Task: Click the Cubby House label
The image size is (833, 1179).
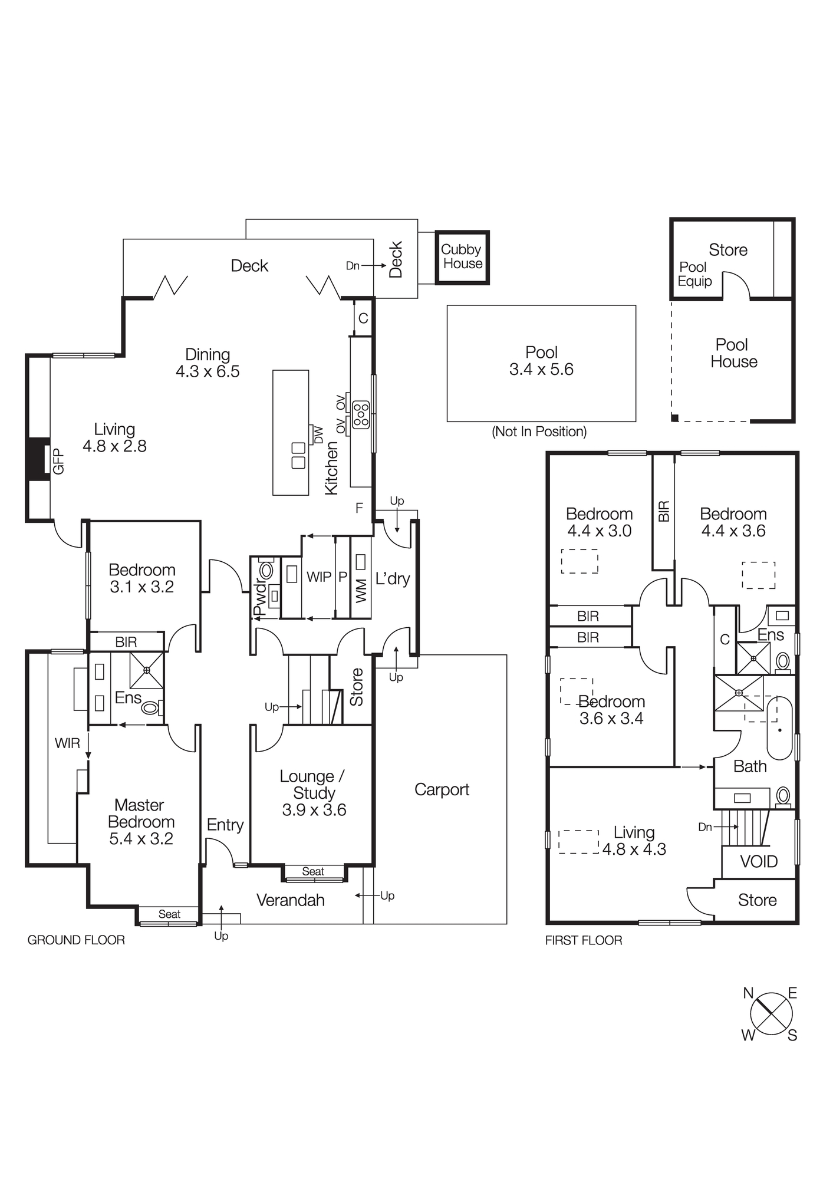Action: [462, 257]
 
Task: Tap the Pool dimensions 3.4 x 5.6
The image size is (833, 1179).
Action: [541, 370]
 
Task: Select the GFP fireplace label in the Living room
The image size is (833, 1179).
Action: [58, 461]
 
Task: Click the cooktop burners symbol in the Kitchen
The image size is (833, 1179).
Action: [361, 414]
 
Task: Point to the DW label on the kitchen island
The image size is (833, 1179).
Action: [318, 435]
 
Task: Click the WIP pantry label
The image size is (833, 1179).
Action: [318, 577]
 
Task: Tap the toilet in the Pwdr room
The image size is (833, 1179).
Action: [266, 570]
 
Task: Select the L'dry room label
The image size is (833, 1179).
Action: [393, 578]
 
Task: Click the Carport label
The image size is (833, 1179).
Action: [442, 790]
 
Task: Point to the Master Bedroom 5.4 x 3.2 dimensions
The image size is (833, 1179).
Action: [141, 839]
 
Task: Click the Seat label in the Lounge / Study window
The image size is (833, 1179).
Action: [313, 871]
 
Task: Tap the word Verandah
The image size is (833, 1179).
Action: [290, 900]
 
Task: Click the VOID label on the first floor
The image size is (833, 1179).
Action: [759, 862]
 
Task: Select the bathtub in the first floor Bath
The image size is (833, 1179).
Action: [779, 729]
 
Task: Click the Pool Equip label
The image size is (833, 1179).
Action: [694, 274]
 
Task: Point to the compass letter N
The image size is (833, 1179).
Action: [748, 993]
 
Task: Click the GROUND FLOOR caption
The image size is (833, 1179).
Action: [76, 940]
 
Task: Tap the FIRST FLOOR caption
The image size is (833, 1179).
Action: [584, 940]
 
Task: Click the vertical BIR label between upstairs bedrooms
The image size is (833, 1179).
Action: [664, 511]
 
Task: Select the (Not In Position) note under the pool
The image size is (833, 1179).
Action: [539, 432]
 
